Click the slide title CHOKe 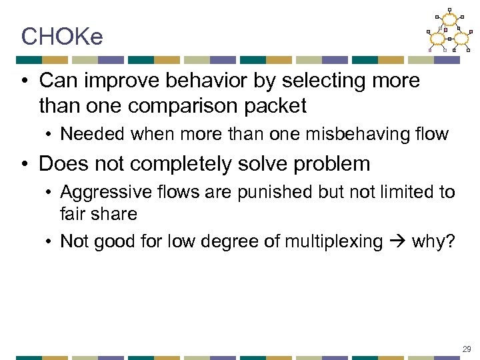pyautogui.click(x=62, y=37)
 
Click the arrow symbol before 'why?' pyautogui.click(x=397, y=241)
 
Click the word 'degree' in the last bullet pyautogui.click(x=219, y=241)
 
